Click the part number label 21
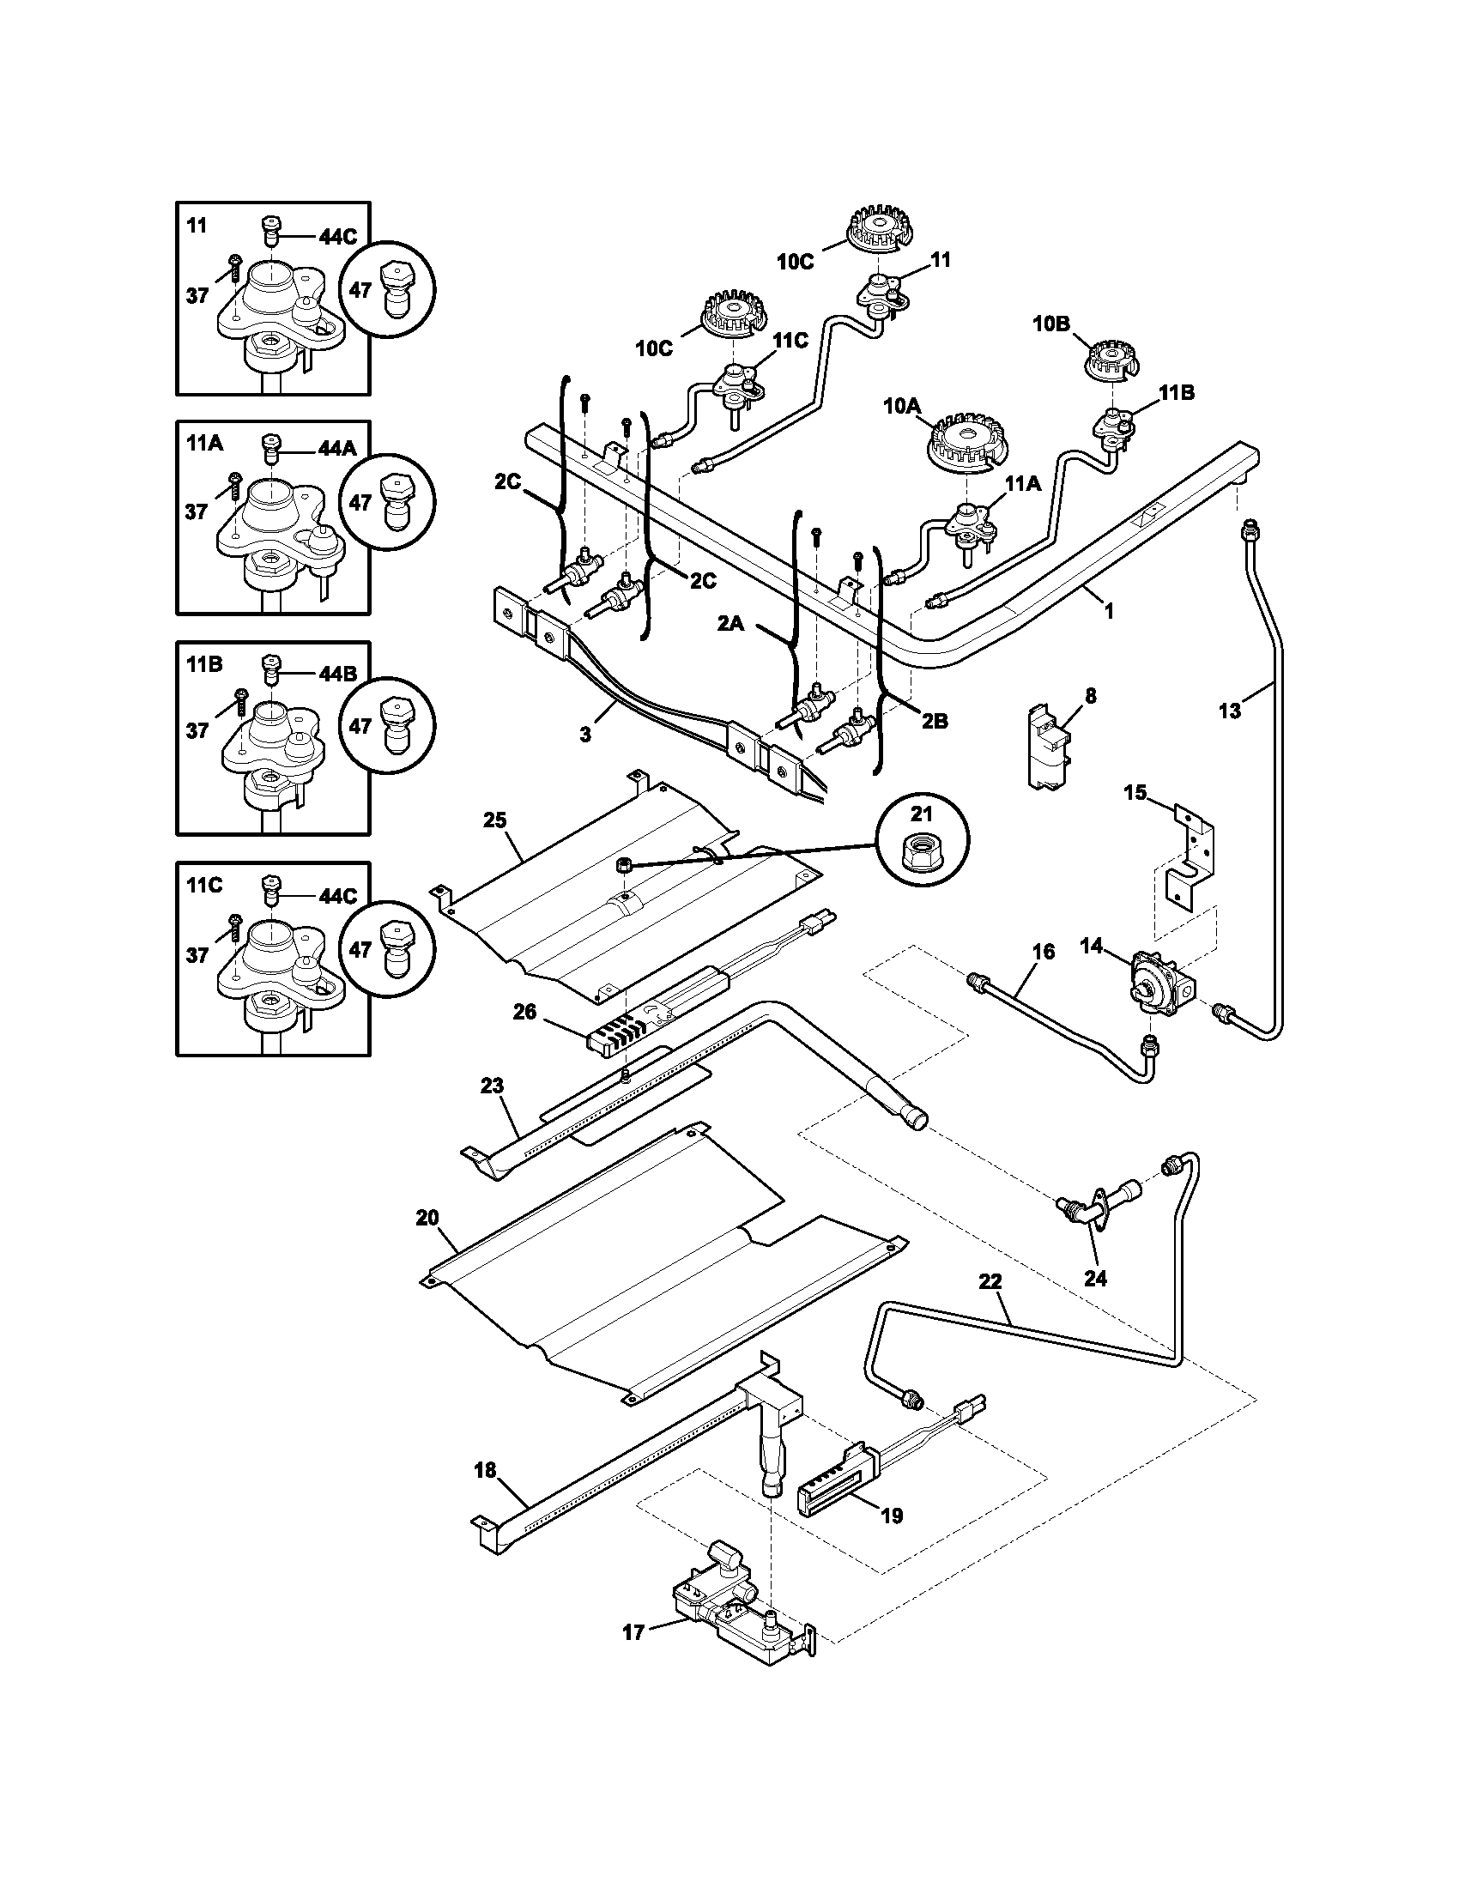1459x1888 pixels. coord(923,814)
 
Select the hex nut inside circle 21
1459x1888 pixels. coord(923,856)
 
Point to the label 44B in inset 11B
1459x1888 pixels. coord(337,674)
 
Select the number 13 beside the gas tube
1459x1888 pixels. coord(1229,711)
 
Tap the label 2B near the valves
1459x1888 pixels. coord(934,720)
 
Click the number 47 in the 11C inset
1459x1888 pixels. coord(360,949)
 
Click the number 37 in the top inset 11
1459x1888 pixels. coord(197,296)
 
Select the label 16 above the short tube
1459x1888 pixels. coord(1044,952)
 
